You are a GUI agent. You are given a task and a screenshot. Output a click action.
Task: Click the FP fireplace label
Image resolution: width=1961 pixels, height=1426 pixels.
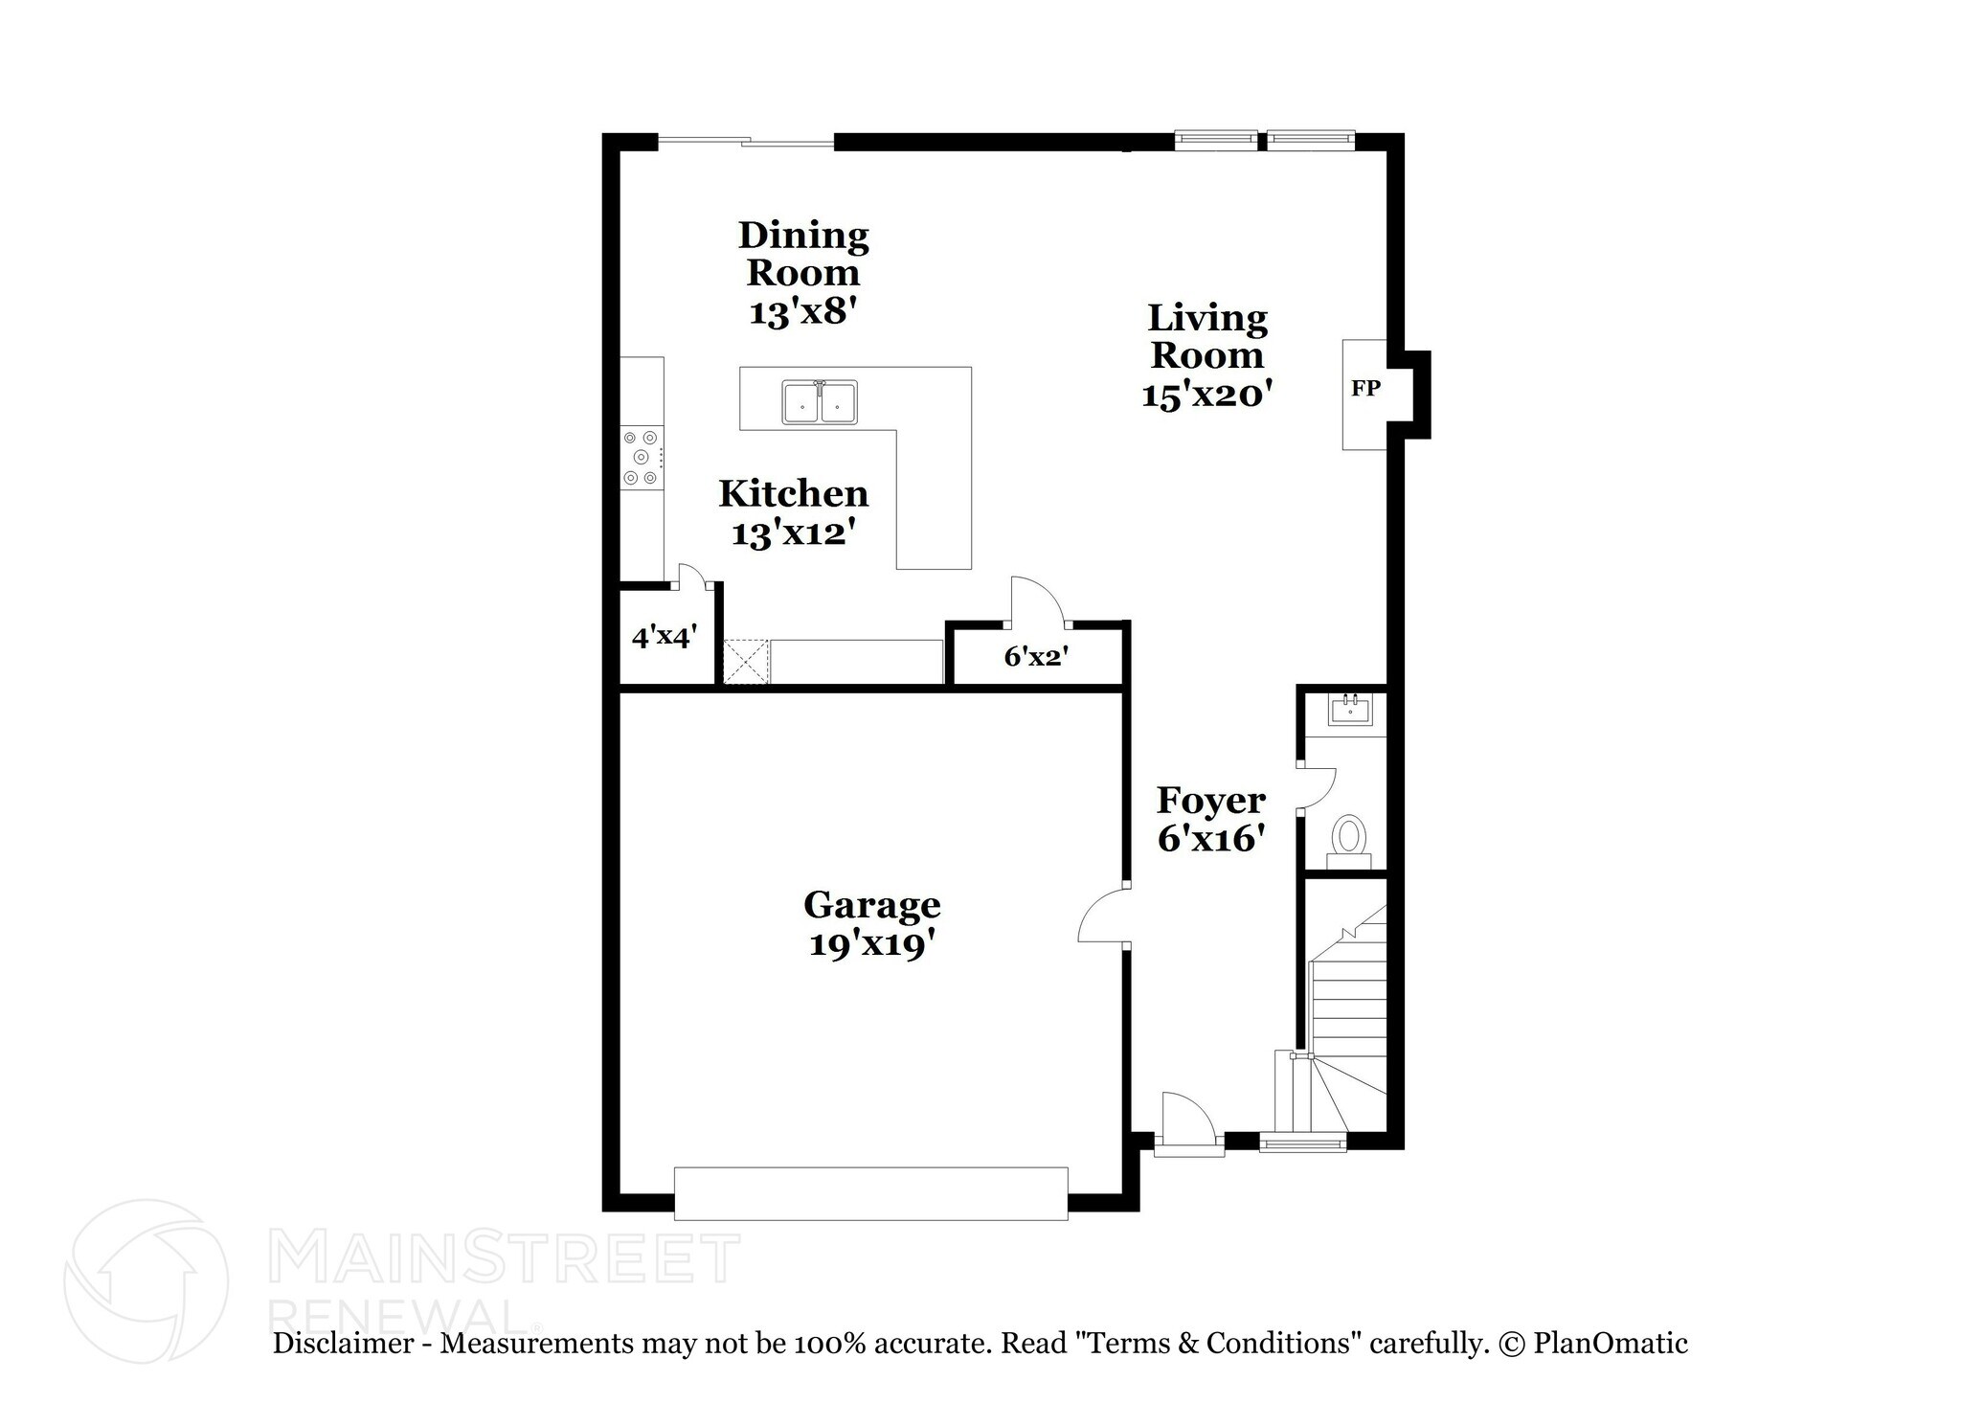click(1365, 389)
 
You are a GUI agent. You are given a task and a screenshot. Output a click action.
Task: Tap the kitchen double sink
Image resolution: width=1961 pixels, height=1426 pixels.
click(820, 402)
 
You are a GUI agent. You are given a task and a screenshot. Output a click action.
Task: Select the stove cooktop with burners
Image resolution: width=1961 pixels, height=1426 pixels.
click(642, 458)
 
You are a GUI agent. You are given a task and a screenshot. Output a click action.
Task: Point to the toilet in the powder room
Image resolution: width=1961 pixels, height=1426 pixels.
click(1349, 837)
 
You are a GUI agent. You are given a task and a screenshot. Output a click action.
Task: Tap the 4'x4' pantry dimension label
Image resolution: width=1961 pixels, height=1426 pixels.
click(664, 636)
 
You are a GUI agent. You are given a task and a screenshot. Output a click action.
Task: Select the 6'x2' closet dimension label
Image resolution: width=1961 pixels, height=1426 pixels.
click(1036, 656)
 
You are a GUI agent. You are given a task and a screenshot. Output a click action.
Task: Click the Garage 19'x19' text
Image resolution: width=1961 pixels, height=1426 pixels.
click(871, 924)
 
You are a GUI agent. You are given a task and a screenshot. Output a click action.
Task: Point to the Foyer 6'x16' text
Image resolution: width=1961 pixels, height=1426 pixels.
click(1211, 819)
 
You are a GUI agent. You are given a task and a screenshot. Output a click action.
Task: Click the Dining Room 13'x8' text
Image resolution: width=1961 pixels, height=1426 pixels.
click(802, 273)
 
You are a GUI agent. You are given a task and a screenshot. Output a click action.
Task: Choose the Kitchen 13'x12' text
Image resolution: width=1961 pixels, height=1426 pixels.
click(794, 513)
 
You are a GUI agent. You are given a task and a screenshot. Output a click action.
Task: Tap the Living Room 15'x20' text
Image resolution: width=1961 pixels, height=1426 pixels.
click(1206, 355)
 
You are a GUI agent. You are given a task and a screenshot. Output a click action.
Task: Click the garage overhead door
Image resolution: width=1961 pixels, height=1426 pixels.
click(870, 1193)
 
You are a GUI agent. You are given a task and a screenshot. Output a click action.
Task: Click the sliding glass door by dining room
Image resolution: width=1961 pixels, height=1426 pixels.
click(746, 143)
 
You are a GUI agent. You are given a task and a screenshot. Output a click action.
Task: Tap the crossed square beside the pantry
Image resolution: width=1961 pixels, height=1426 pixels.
click(746, 662)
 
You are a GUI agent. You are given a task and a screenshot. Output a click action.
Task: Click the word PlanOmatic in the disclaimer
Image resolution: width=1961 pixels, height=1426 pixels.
click(1610, 1343)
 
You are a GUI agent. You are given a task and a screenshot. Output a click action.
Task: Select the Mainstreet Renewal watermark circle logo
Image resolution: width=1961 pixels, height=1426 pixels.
click(147, 1280)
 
